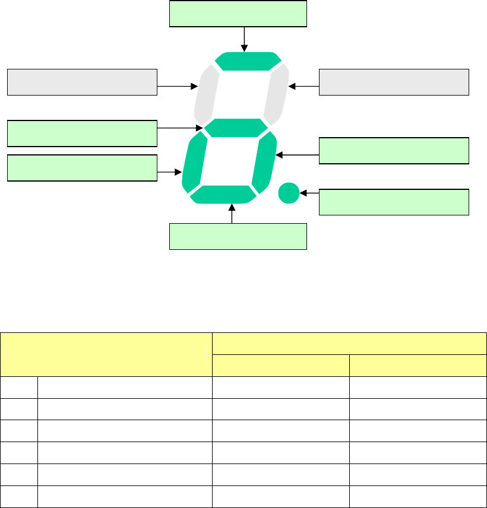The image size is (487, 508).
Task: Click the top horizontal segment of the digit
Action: (248, 61)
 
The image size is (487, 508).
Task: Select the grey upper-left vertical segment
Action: (205, 93)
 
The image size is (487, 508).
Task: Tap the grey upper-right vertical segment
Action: (279, 93)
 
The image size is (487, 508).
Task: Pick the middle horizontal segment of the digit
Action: (236, 127)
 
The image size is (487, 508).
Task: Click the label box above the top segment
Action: (238, 14)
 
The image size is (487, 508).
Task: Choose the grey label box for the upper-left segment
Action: (82, 82)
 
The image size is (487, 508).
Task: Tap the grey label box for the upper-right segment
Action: (394, 82)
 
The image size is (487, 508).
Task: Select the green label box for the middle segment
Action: (82, 133)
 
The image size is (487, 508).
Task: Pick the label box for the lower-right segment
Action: (394, 151)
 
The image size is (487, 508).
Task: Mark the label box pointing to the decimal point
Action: (394, 202)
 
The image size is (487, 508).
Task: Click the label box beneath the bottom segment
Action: (238, 236)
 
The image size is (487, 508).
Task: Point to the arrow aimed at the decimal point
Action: (309, 193)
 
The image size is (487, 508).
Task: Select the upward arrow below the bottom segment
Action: (232, 213)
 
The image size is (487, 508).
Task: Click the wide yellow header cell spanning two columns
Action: (350, 344)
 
